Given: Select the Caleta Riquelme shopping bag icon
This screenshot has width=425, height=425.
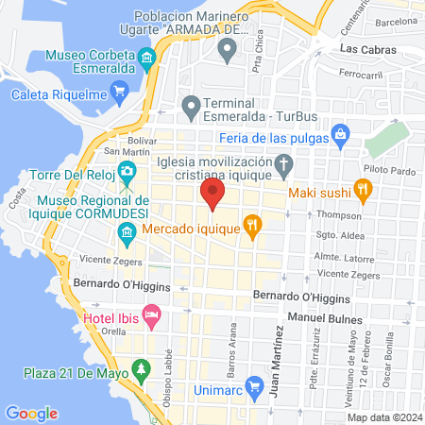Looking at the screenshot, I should pos(118,92).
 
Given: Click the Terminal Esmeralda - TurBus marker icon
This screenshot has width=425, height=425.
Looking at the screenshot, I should pos(192,104).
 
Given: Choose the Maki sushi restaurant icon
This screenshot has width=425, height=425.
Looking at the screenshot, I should pos(362,190).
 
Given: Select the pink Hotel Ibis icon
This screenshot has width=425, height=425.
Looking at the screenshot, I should pos(150,314).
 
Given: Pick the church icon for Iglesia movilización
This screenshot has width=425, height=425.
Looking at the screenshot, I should pos(280,168).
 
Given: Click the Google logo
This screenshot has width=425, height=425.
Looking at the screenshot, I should pos(31,413).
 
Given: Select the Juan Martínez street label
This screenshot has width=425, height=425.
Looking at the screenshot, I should pos(277,358).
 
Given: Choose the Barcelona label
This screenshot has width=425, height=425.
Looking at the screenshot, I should pos(396,20).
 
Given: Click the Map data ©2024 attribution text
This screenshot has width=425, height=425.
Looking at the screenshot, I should pos(382,417).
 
